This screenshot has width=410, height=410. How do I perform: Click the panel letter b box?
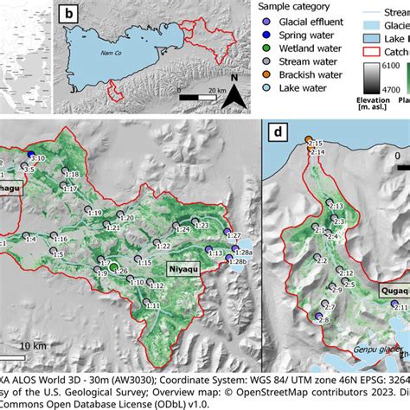point(69,14)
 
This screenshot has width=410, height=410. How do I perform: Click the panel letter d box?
point(277,133)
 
